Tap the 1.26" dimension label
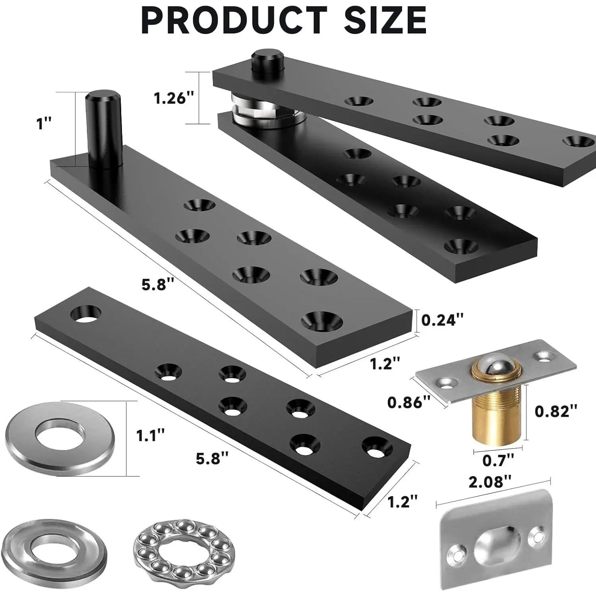click(x=175, y=98)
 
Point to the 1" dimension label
click(x=45, y=124)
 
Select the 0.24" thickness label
click(x=442, y=319)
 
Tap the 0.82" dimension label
click(x=556, y=411)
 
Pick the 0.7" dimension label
click(x=498, y=460)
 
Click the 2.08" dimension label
click(x=490, y=482)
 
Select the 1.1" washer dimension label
click(x=150, y=435)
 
